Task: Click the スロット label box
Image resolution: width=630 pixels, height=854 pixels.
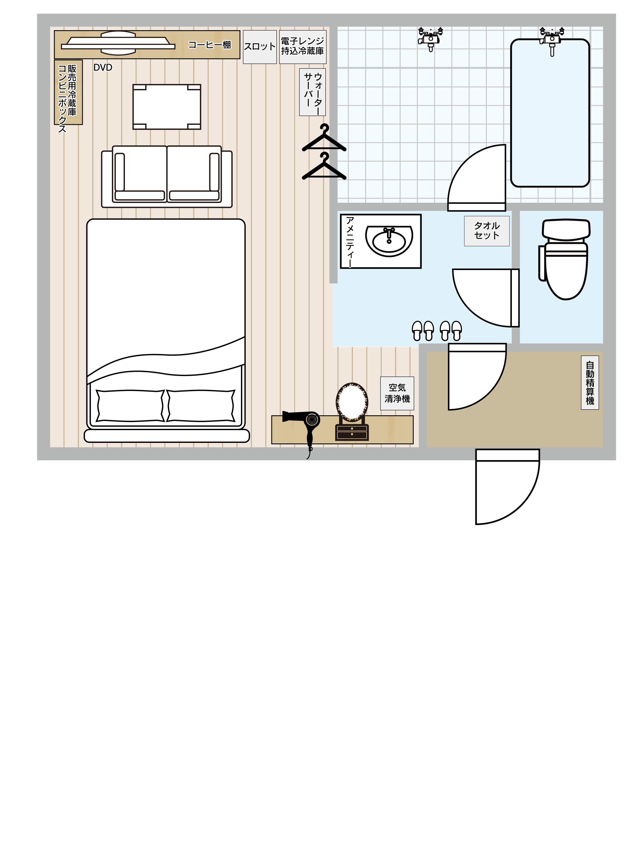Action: coord(260,47)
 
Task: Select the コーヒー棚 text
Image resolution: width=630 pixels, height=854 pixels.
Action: coord(210,45)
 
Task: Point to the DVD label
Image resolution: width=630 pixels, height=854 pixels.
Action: coord(103,67)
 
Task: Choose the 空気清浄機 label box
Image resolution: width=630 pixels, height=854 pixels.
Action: coord(397,393)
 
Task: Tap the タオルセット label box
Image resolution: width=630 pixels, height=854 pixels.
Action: coord(487,231)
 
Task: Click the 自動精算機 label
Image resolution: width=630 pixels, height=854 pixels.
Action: coord(590,383)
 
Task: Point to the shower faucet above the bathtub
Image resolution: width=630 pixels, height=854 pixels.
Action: coord(552,40)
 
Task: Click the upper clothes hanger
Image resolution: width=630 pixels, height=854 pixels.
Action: coord(324,138)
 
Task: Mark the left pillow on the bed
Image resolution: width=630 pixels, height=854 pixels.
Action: coord(130,406)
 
